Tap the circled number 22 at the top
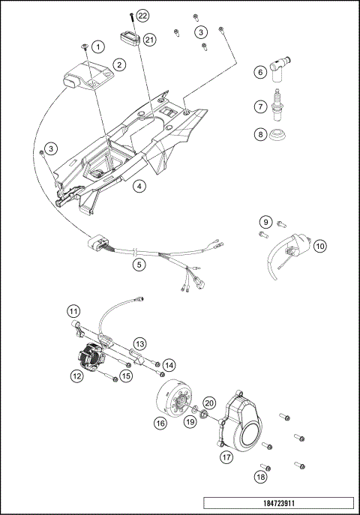142,16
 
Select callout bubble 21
150,40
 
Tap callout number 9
265,222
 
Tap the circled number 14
169,364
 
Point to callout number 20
210,403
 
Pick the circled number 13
139,343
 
